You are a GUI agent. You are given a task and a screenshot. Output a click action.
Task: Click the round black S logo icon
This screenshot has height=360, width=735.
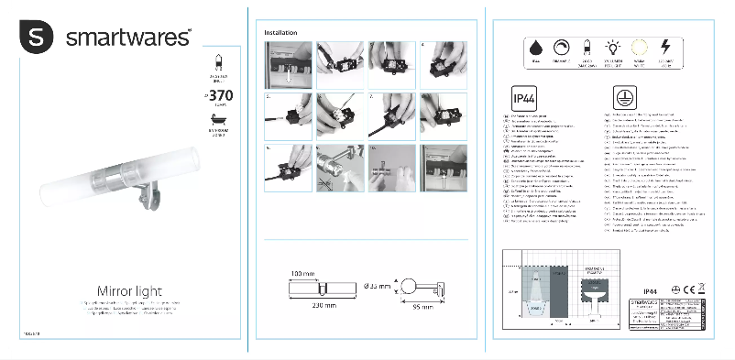point(36,38)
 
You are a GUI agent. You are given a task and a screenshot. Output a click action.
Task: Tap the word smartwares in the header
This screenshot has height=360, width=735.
point(128,38)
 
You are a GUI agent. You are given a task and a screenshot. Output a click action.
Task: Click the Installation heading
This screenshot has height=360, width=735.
point(281,32)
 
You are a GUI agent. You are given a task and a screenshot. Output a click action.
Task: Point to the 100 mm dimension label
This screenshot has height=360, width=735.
point(303,274)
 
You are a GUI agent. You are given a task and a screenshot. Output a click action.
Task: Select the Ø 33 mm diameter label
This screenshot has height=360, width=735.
point(377,286)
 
